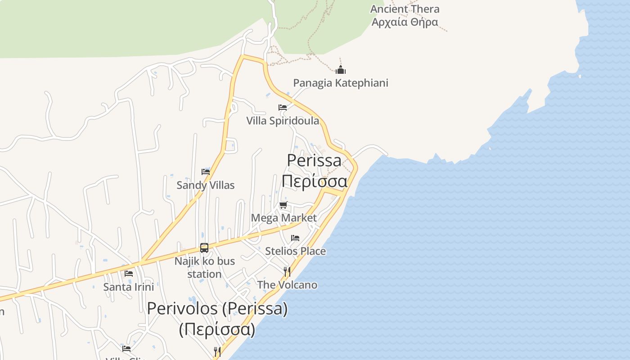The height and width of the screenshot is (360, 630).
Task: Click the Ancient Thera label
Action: pos(405,9)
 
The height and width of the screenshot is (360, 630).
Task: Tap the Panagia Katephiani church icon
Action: pos(341,70)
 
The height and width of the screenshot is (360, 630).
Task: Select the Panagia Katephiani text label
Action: pos(341,83)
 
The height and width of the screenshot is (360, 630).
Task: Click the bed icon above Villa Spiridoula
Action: pos(283,108)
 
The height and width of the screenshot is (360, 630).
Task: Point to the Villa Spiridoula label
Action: pos(283,121)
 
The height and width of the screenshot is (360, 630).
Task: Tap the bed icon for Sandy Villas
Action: pos(206,172)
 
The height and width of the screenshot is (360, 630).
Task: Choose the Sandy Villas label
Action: pos(206,185)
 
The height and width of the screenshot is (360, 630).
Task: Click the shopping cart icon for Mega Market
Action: pos(283,205)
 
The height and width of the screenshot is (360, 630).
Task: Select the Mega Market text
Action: pos(283,218)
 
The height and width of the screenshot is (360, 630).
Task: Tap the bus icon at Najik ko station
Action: pos(204,247)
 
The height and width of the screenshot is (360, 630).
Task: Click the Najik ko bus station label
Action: pos(205,267)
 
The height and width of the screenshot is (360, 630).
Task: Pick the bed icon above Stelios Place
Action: pos(295,238)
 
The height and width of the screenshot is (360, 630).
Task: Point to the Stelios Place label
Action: pos(295,251)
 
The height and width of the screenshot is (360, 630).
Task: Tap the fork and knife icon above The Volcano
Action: pos(287,271)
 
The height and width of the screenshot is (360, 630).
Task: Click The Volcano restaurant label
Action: pos(287,285)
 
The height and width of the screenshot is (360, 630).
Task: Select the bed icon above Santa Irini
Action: pos(129,274)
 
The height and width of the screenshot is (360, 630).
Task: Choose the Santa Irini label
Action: pos(129,287)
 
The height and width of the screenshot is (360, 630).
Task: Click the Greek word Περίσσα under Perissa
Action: pos(315,181)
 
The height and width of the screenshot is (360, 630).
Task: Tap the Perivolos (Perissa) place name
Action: pos(217,309)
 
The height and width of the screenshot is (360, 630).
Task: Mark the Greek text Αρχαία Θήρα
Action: pos(405,22)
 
